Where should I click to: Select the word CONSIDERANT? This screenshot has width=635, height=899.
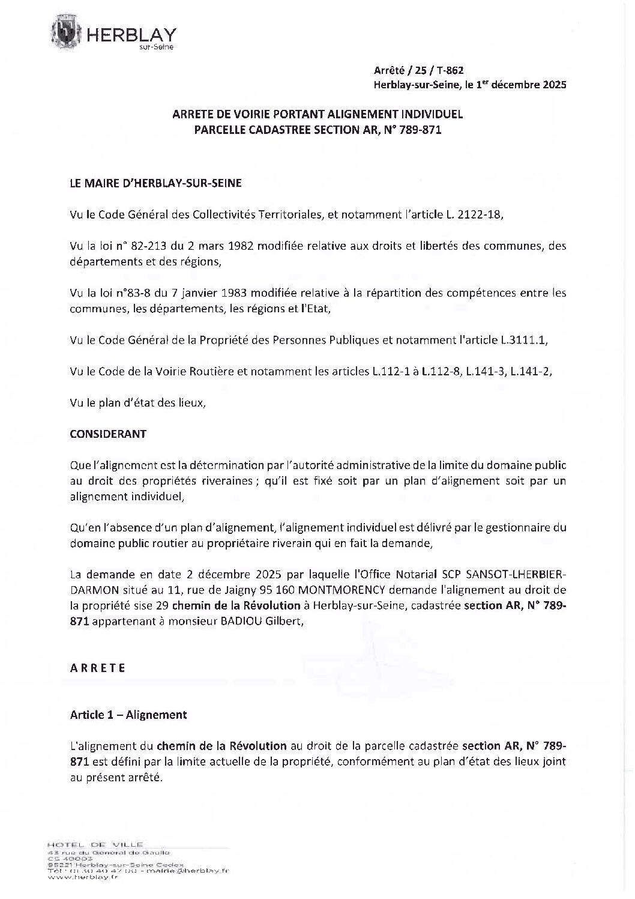pos(108,434)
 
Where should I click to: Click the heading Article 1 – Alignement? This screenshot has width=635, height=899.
pos(128,715)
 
